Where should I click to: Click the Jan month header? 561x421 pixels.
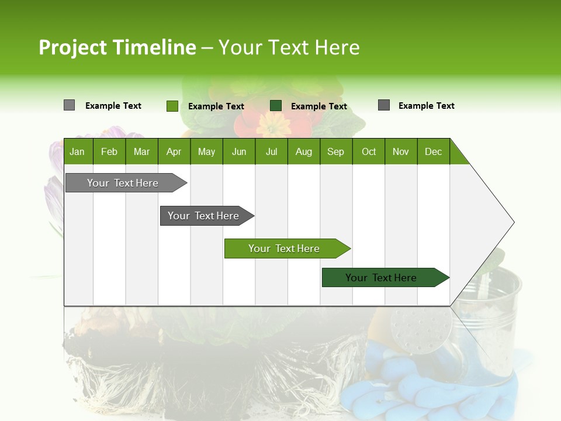click(77, 151)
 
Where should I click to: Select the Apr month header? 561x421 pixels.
click(174, 151)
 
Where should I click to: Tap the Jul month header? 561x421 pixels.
click(271, 151)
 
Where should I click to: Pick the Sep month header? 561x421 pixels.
click(335, 151)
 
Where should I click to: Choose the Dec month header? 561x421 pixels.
click(433, 151)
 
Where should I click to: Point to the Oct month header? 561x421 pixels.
click(369, 151)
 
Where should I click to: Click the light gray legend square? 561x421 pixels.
click(69, 105)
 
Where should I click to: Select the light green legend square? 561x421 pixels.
click(172, 106)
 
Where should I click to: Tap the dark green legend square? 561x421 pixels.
click(276, 106)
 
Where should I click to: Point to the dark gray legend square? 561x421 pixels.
click(384, 105)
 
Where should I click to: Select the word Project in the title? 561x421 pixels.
click(72, 47)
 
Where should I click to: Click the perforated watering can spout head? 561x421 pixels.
click(420, 330)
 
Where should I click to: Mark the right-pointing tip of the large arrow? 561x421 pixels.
click(513, 222)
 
